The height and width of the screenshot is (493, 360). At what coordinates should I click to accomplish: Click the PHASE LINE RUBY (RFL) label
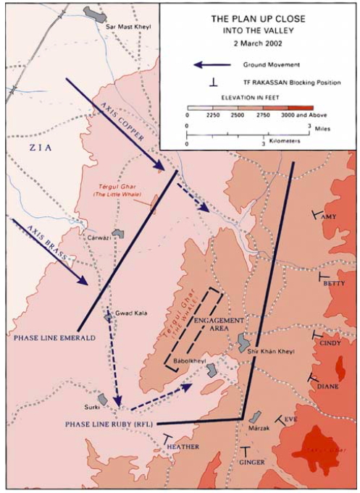point(109,423)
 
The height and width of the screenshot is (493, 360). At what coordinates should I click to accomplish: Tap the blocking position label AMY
point(329,216)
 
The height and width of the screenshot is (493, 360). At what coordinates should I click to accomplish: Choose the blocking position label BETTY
point(334,283)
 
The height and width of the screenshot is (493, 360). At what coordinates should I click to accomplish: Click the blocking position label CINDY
point(330,342)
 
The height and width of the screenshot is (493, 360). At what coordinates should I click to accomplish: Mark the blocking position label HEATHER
point(183,447)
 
